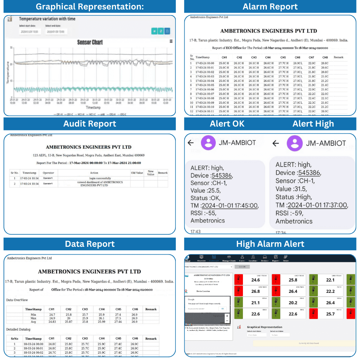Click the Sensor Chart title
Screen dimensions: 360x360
click(90, 42)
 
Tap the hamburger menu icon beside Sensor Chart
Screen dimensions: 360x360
click(171, 41)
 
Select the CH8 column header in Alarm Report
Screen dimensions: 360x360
click(325, 57)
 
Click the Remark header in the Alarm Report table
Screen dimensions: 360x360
click(339, 57)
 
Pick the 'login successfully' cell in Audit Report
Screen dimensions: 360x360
click(94, 178)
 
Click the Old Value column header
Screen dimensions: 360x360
click(137, 173)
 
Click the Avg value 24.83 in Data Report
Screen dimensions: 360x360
click(52, 322)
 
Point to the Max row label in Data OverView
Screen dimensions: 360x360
click(33, 318)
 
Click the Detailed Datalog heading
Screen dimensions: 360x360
click(18, 329)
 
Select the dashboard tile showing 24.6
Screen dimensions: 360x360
click(256, 280)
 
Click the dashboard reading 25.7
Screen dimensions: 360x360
click(330, 314)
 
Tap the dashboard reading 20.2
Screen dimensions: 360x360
click(293, 303)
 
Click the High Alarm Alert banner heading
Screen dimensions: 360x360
click(270, 244)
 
